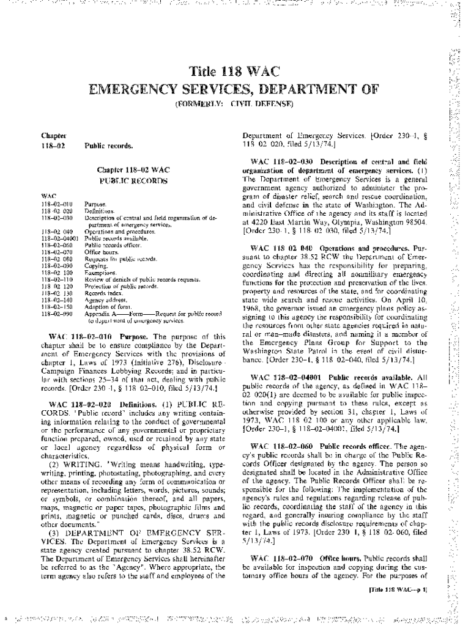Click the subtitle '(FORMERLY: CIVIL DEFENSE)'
pos(235,104)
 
